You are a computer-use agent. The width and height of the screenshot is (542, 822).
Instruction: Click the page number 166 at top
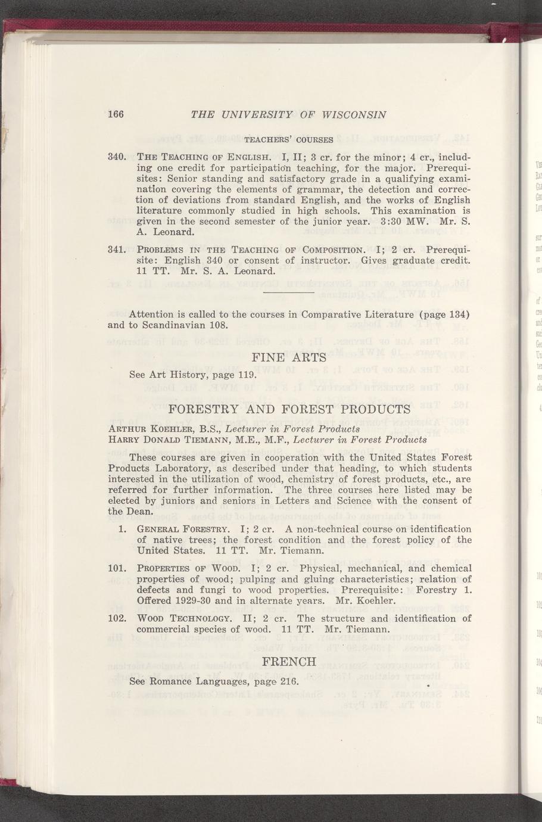pyautogui.click(x=116, y=115)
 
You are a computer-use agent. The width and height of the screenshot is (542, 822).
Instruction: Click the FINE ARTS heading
pyautogui.click(x=289, y=358)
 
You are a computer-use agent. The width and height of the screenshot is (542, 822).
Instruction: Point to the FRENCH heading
pyautogui.click(x=289, y=662)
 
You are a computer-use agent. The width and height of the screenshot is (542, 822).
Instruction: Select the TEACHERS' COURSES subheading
pyautogui.click(x=289, y=140)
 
